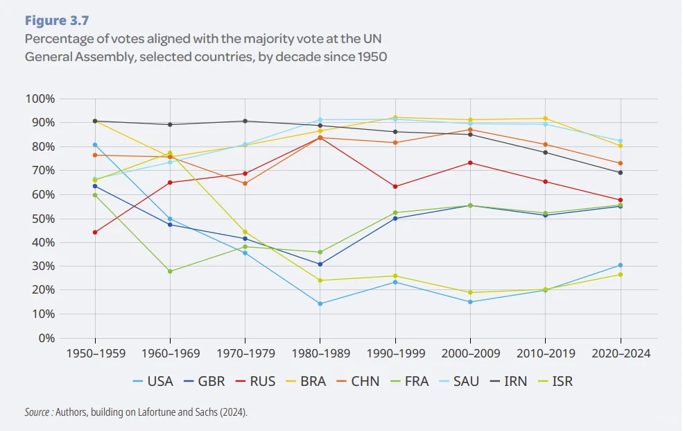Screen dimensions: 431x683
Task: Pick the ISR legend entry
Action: pyautogui.click(x=555, y=381)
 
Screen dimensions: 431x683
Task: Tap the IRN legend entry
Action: pyautogui.click(x=505, y=381)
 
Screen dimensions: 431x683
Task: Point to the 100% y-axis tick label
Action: pyautogui.click(x=40, y=99)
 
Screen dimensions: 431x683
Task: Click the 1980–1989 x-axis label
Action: pyautogui.click(x=320, y=353)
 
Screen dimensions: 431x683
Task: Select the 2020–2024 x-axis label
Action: pyautogui.click(x=620, y=353)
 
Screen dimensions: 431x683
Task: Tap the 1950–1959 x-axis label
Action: pyautogui.click(x=95, y=353)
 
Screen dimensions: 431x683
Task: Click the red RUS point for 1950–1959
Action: pyautogui.click(x=95, y=233)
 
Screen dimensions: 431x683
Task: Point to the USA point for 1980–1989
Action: pyautogui.click(x=320, y=303)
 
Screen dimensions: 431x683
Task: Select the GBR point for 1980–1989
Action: pyautogui.click(x=320, y=264)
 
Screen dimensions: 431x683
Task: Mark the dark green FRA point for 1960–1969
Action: pyautogui.click(x=170, y=271)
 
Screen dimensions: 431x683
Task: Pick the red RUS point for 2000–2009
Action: pyautogui.click(x=470, y=162)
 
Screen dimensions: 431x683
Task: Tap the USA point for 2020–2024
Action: pyautogui.click(x=620, y=265)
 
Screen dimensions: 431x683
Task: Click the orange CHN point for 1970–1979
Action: pyautogui.click(x=245, y=183)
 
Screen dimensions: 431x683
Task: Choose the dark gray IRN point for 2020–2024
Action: pyautogui.click(x=620, y=173)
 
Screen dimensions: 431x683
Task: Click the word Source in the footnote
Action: pyautogui.click(x=37, y=412)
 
